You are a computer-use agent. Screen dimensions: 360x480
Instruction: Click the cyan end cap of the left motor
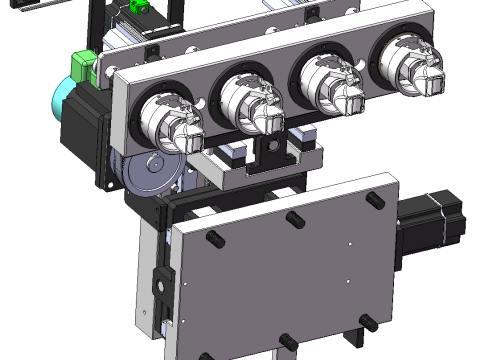pyautogui.click(x=58, y=101)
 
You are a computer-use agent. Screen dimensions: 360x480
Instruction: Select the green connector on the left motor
pyautogui.click(x=78, y=68)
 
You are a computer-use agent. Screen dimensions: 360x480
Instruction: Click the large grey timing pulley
pyautogui.click(x=150, y=178)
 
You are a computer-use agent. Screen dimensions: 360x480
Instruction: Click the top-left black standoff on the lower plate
pyautogui.click(x=214, y=241)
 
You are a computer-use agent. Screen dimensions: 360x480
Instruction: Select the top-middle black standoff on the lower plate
pyautogui.click(x=294, y=218)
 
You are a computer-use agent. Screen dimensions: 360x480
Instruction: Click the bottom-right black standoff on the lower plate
pyautogui.click(x=368, y=322)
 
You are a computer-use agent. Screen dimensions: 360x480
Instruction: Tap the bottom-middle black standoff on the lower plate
pyautogui.click(x=286, y=342)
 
